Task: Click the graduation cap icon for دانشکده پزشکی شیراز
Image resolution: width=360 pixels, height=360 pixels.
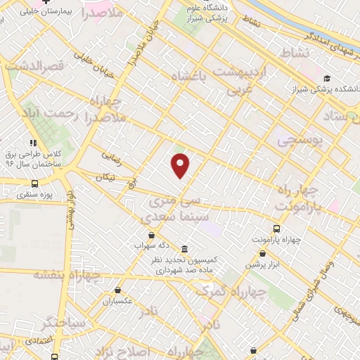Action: [326, 79]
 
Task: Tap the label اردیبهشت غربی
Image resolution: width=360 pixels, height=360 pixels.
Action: [243, 80]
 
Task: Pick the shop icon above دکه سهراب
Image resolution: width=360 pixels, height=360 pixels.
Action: [151, 235]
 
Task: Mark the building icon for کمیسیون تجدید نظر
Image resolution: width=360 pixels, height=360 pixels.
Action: [184, 249]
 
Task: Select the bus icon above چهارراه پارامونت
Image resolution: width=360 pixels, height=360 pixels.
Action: [276, 229]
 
